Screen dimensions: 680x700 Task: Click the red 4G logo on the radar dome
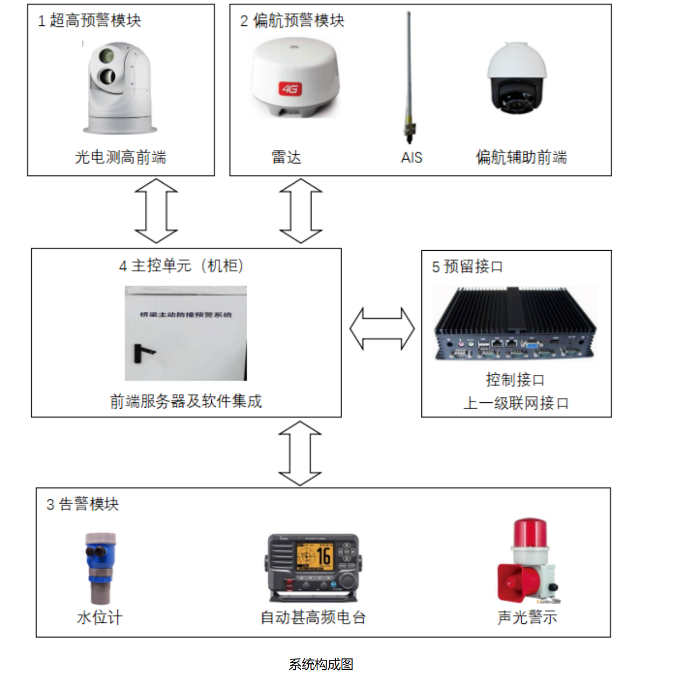click(290, 88)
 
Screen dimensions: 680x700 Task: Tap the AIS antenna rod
click(410, 75)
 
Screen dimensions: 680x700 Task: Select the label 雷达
click(286, 157)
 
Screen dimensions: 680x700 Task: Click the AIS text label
click(412, 157)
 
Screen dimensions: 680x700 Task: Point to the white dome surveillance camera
click(517, 79)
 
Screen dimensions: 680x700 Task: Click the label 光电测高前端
click(121, 157)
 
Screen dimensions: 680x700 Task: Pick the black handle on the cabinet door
click(142, 352)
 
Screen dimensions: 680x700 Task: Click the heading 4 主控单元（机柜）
click(182, 266)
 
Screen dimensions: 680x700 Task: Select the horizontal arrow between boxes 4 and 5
click(382, 328)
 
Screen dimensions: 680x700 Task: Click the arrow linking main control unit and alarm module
click(300, 453)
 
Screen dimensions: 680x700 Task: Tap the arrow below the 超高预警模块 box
click(156, 211)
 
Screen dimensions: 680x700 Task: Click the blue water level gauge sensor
click(100, 566)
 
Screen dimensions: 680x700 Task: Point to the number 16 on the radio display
click(323, 556)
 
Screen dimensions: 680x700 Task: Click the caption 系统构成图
click(321, 664)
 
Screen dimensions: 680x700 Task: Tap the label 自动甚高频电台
click(313, 617)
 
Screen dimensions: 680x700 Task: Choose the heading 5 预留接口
click(467, 267)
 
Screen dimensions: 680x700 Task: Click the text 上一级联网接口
click(516, 403)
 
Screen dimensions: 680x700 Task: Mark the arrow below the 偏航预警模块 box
click(301, 211)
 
